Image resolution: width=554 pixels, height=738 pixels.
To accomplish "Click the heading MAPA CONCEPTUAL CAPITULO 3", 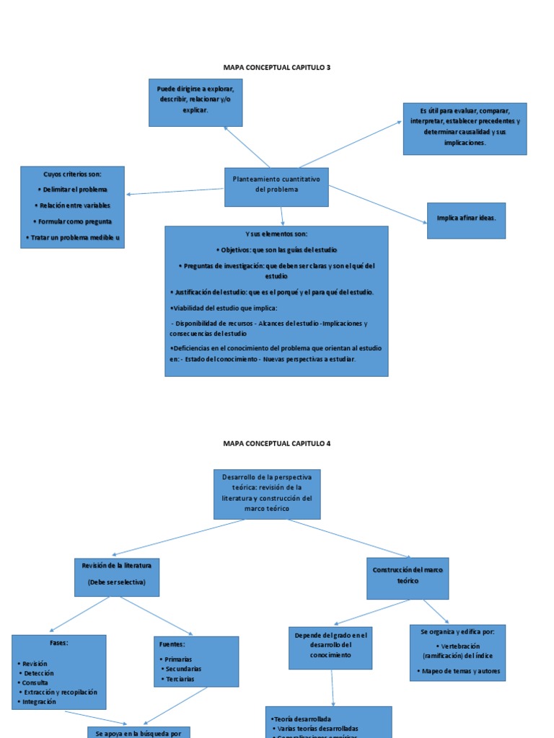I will [277, 67].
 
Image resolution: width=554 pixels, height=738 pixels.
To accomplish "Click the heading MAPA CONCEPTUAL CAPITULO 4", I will [277, 443].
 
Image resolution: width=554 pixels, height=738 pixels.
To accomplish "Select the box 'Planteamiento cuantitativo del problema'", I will [276, 184].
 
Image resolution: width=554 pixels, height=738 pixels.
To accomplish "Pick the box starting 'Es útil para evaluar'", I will [465, 128].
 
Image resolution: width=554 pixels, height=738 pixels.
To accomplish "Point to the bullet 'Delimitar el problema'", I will [72, 190].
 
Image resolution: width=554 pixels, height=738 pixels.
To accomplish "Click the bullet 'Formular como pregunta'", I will [72, 221].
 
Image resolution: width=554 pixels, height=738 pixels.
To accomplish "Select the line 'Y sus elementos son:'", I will [276, 234].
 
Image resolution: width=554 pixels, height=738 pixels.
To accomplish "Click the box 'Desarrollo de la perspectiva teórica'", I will [267, 494].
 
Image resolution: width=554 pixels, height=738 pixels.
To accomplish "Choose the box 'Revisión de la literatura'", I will [117, 576].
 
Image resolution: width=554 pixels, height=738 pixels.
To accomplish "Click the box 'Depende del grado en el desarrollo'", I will [330, 646].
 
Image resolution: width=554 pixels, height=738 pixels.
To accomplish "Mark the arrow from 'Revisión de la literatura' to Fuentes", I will [157, 617].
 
